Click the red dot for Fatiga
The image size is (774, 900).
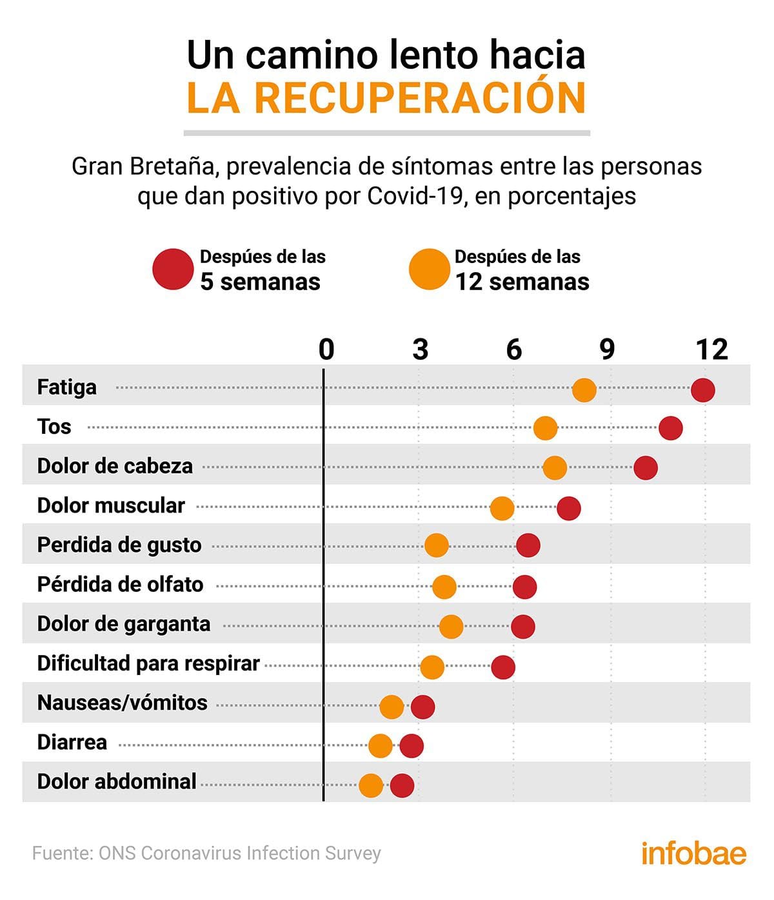click(702, 390)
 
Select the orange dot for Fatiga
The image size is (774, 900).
click(584, 390)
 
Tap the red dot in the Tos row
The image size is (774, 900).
click(671, 428)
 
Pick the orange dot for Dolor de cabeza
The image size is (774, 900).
click(555, 468)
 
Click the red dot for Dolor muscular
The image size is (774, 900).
click(569, 508)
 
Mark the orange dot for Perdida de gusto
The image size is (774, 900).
click(437, 545)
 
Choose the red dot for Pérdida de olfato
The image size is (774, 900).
click(524, 587)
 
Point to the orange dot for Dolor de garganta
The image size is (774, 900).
click(451, 627)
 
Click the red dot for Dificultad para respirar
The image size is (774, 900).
click(503, 667)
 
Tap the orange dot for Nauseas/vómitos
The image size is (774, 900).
click(392, 707)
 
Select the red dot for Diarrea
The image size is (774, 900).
click(412, 746)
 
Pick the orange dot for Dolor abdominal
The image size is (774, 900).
click(371, 785)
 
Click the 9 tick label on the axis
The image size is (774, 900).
click(607, 349)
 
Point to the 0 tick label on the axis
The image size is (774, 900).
click(326, 349)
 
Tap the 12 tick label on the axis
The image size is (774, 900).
click(711, 349)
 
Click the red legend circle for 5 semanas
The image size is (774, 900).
click(173, 269)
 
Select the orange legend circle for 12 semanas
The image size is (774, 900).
click(429, 269)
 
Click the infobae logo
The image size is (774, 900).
click(693, 853)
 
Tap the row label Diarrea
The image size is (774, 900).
click(72, 742)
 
